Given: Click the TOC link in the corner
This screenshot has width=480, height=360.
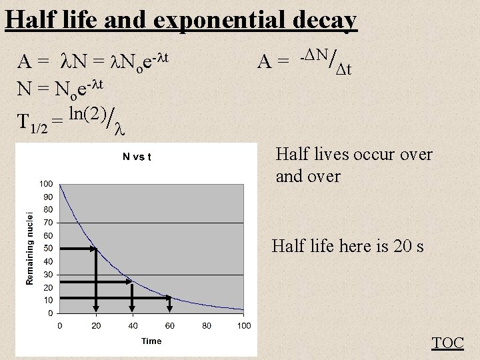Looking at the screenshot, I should pos(448,343).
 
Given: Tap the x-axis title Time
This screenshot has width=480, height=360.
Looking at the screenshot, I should pos(151,341).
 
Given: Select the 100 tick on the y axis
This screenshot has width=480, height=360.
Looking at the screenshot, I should pos(46,183).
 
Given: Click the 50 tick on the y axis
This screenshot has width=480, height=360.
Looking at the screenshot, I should pos(48,248).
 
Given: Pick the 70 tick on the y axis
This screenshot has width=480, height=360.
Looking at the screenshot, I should pos(48,222).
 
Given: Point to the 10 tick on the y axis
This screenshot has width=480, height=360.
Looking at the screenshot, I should pos(48,300).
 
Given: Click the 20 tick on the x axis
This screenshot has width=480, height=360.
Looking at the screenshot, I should pos(96,325).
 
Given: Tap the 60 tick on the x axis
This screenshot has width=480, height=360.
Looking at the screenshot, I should pos(170,325).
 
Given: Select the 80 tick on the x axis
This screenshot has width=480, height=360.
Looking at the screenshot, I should pos(207,325).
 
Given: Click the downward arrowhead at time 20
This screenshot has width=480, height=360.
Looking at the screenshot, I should pos(96,308).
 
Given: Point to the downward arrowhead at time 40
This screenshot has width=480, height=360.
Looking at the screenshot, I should pos(133,308).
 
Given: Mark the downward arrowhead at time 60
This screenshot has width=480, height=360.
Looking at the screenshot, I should pos(170,308).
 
